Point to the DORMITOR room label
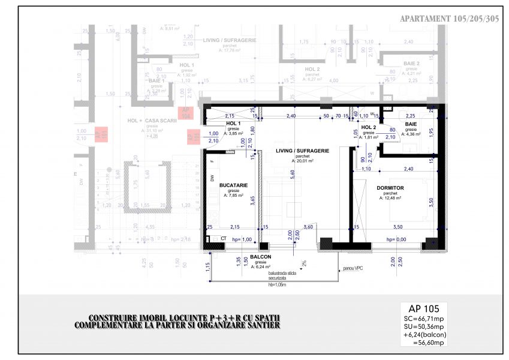[390, 188]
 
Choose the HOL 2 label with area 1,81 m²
[368, 128]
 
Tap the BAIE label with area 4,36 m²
[411, 124]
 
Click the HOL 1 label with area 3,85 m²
[233, 124]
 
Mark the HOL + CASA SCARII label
[152, 121]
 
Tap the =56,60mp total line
[429, 343]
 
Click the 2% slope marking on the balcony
[304, 262]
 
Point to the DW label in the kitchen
[212, 178]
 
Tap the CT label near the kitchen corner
[223, 239]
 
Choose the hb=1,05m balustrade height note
[278, 284]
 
